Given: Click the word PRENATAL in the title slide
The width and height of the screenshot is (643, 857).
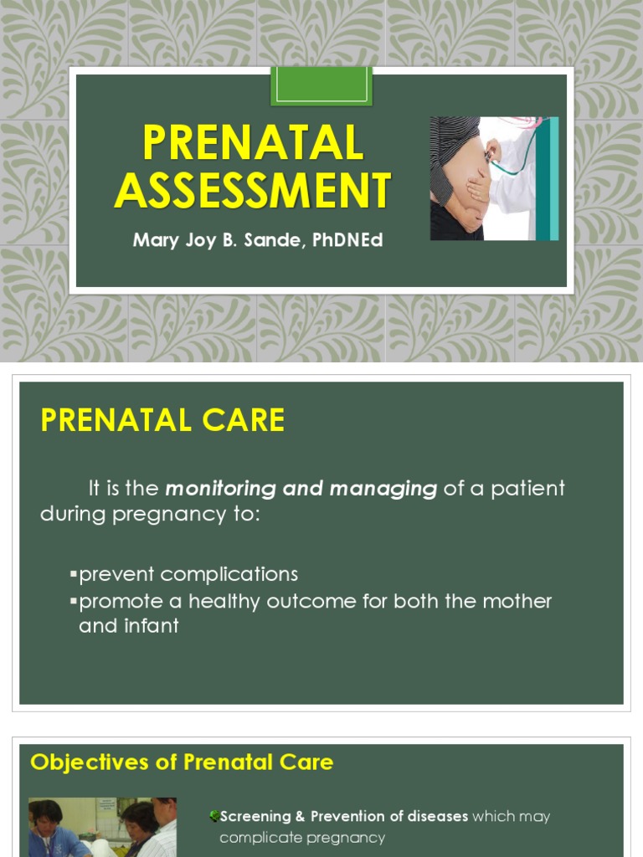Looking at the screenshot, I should pos(253,142).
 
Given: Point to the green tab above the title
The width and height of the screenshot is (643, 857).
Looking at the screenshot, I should pos(321,86).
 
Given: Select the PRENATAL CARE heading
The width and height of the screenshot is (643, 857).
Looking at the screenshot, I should pos(162,420).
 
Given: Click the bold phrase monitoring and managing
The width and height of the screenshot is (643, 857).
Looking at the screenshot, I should pos(301,488).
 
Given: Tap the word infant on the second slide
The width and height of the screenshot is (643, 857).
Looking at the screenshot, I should pos(152,625).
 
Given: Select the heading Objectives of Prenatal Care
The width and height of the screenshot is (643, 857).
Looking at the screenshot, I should pos(182,762).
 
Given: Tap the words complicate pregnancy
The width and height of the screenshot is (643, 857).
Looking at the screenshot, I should pos(302,837).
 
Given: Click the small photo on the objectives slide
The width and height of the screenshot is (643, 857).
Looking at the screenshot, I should pos(102,827).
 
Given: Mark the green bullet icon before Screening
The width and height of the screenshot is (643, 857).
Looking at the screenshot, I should pos(214,816).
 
